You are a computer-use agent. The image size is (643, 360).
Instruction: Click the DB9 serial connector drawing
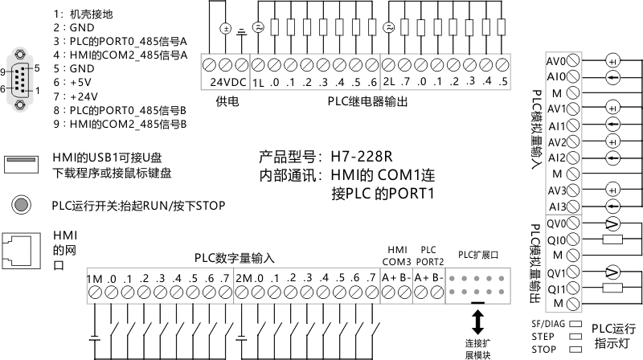(x=19, y=79)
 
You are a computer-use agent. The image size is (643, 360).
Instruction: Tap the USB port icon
(x=22, y=164)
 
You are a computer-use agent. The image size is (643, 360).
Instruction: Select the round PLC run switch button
(x=21, y=204)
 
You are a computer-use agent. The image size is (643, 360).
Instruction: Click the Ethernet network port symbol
(x=22, y=251)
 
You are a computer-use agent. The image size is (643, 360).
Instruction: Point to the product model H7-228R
(x=361, y=157)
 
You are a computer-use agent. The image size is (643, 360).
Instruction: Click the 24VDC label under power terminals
(x=228, y=82)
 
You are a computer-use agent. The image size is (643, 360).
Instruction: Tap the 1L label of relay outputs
(x=258, y=83)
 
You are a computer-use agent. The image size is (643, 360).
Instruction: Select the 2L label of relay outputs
(x=389, y=82)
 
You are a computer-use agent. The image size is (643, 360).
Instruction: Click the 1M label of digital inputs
(x=95, y=279)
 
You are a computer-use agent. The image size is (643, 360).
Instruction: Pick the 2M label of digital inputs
(x=244, y=278)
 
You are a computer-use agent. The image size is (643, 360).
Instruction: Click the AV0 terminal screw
(x=573, y=61)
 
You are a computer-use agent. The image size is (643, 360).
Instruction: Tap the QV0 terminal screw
(x=573, y=223)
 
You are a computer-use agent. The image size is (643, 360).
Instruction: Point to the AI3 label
(x=557, y=207)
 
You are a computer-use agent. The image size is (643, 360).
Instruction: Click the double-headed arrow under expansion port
(x=477, y=322)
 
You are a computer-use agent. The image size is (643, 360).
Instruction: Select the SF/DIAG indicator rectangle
(x=575, y=324)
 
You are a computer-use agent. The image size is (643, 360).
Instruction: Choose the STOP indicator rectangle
(x=575, y=350)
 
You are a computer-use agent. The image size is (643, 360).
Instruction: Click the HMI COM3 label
(x=396, y=256)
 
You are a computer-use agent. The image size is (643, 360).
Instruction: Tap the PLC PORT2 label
(x=430, y=256)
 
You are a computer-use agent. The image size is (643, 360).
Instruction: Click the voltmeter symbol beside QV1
(x=612, y=272)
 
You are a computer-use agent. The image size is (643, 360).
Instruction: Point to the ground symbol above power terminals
(x=243, y=32)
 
